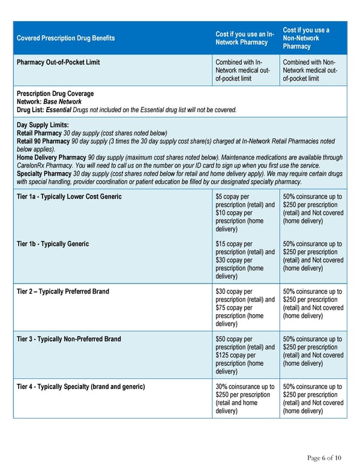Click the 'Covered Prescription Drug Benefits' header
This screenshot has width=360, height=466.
coord(67,38)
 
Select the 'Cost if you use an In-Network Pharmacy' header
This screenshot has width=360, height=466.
coord(244,38)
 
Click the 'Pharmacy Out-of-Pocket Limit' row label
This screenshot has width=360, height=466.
coord(58,62)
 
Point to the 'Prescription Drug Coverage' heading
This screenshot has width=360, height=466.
coord(55,94)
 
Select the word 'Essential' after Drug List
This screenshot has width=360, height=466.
coord(58,109)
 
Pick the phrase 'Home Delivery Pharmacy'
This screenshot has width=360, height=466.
coord(51,157)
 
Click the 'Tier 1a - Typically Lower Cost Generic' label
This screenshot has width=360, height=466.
coord(69,197)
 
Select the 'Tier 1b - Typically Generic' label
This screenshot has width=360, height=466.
coord(53,244)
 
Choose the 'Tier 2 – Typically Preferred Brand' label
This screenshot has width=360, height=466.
coord(63,291)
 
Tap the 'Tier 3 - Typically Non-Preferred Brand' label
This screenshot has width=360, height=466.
coord(69,339)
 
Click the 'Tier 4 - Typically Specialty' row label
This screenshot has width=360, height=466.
coord(80,387)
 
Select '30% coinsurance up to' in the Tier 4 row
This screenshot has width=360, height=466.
coord(245,387)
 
